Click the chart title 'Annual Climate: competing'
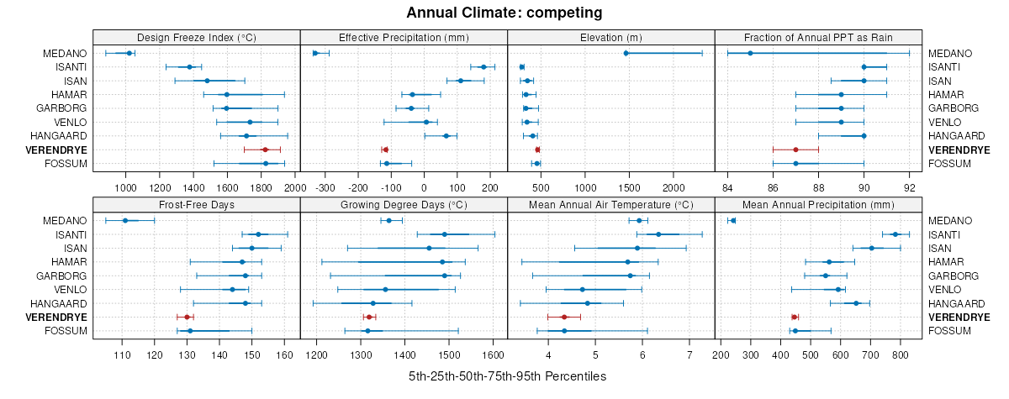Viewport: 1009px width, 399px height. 504,13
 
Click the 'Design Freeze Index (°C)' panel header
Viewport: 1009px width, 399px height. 197,37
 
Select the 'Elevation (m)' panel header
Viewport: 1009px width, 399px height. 610,37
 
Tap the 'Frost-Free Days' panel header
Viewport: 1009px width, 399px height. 197,204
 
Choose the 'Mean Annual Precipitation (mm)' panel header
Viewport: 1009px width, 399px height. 818,204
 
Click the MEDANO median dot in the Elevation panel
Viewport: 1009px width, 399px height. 626,53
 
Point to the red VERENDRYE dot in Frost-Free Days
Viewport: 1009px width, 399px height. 187,317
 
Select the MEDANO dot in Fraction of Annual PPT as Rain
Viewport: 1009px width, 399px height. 750,53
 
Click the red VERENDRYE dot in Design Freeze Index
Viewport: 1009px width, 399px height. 265,150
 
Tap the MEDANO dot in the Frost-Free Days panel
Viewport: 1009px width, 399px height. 125,220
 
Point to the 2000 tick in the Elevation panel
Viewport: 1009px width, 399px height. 674,177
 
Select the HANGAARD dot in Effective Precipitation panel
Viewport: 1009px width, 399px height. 446,135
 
